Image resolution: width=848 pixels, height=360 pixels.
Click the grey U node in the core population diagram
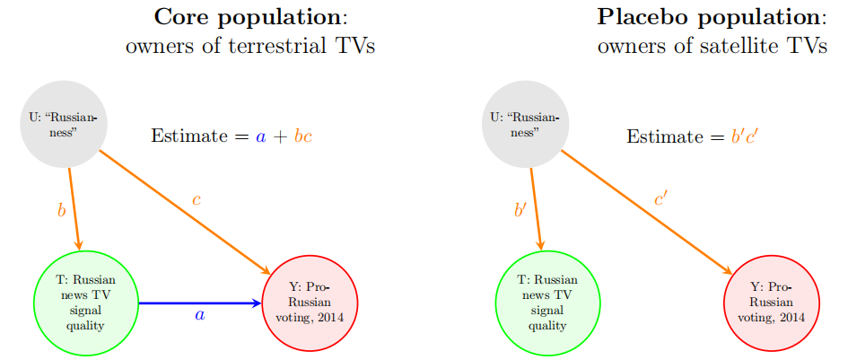point(63,126)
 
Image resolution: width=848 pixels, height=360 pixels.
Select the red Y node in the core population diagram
point(310,302)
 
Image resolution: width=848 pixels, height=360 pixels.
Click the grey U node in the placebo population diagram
point(524,125)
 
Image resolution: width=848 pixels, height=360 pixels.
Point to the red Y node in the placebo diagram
point(771,302)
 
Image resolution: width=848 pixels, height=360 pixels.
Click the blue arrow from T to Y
point(197,303)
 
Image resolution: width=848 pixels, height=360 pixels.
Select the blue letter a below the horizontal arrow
point(199,316)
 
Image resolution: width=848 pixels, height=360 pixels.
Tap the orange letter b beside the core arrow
point(61,211)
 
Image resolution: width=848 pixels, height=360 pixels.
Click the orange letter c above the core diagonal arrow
point(196,199)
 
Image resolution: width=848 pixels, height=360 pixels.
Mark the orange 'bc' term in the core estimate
point(302,136)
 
